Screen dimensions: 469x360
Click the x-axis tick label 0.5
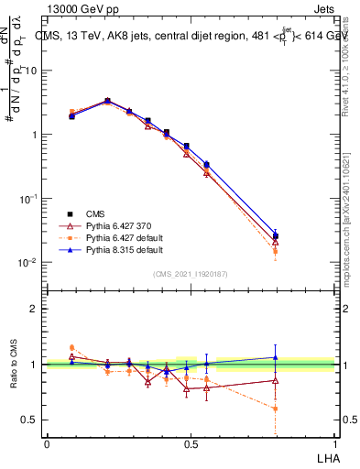(191, 443)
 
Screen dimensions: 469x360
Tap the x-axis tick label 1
(335, 443)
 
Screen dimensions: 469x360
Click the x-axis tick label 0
(47, 443)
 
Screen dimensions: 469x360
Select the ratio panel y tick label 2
(34, 309)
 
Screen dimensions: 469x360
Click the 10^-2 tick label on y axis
(28, 263)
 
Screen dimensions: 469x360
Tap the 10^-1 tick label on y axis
(28, 199)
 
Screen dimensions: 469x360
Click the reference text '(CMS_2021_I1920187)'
(191, 273)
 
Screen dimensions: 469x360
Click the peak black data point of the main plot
(107, 101)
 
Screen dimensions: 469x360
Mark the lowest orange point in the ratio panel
(275, 409)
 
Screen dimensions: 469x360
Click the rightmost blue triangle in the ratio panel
(275, 358)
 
